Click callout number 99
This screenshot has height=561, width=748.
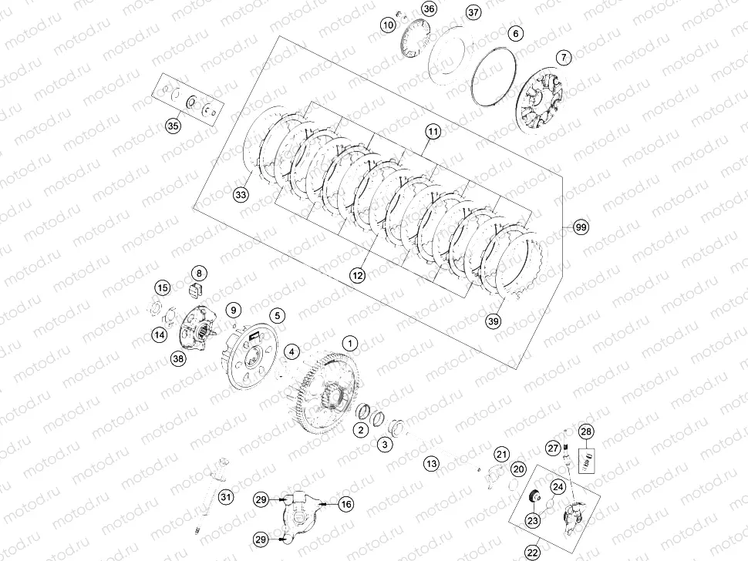click(581, 227)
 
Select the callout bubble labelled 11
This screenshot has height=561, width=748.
click(433, 133)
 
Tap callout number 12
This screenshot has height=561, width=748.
click(357, 274)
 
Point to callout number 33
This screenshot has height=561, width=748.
click(241, 196)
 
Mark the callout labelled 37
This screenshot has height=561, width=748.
click(473, 12)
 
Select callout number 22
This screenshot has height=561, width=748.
click(533, 552)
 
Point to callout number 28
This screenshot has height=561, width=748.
click(587, 432)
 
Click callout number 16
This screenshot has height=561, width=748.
click(346, 503)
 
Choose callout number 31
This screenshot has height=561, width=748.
click(225, 497)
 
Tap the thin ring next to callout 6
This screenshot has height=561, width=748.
click(490, 77)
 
